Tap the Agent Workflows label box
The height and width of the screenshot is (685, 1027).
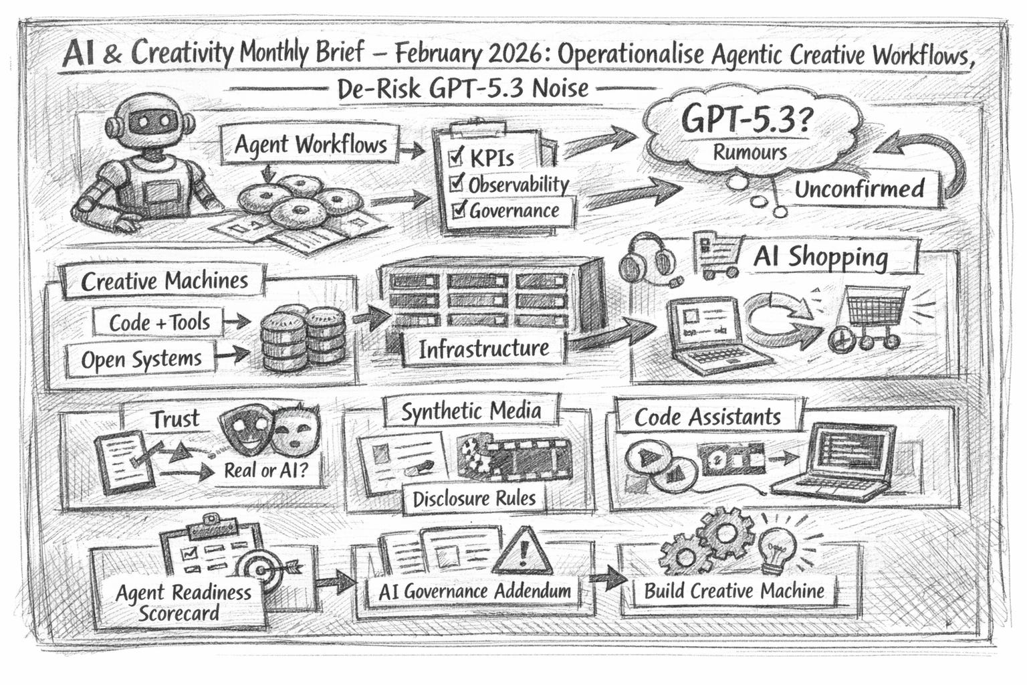[310, 144]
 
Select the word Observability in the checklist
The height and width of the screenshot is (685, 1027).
[519, 185]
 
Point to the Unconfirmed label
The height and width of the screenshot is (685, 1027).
[859, 189]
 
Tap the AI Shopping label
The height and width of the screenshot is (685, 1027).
[820, 258]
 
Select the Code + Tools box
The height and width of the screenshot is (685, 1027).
[159, 322]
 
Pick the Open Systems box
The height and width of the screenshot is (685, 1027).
[141, 359]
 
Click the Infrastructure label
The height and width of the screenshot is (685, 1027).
[483, 349]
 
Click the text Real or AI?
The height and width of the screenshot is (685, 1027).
[266, 470]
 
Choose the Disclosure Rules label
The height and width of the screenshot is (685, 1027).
[474, 498]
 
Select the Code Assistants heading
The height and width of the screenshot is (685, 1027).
[707, 417]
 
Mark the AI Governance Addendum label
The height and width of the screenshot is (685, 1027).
[475, 591]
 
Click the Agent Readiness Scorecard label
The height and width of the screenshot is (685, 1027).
[183, 602]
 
